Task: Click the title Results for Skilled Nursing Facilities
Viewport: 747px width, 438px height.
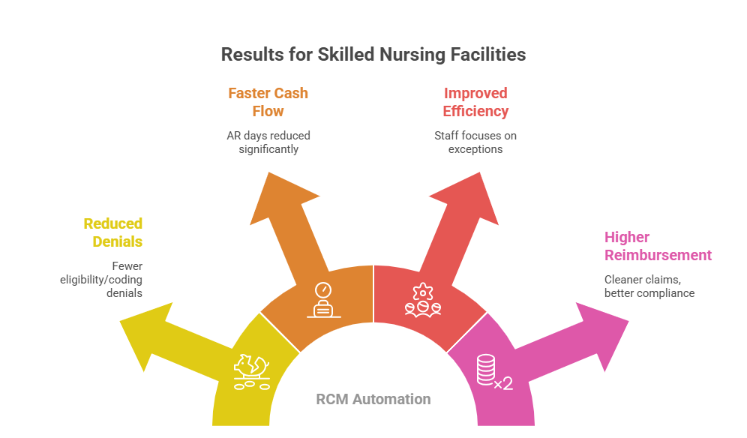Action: coord(373,55)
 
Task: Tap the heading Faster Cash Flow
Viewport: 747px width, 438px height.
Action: coord(268,102)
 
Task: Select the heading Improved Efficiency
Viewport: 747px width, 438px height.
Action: coord(475,102)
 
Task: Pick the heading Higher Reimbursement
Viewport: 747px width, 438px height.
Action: coord(658,246)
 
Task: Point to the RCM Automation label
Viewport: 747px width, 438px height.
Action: coord(373,399)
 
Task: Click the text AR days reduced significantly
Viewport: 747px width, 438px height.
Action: coord(268,142)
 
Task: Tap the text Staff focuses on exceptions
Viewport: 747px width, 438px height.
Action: coord(475,142)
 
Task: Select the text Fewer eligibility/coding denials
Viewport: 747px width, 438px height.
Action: coord(102,279)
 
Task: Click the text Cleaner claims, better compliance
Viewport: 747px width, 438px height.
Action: coord(649,286)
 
